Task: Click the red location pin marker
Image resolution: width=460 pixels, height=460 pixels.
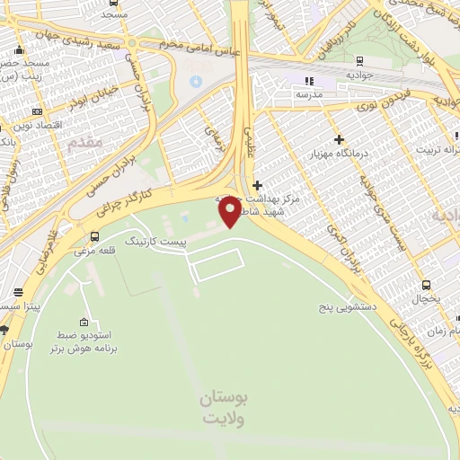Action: pos(230,212)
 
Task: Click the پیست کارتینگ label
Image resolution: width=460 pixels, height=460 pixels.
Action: pos(155,243)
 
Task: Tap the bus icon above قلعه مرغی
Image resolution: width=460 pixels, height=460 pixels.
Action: pos(95,236)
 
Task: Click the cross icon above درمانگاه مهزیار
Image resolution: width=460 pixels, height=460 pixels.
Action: pos(339,139)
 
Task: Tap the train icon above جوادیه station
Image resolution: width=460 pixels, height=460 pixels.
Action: pos(359,61)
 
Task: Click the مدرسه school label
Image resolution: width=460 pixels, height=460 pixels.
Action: pos(309,93)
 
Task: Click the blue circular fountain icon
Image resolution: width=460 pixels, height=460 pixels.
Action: pos(196,82)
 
